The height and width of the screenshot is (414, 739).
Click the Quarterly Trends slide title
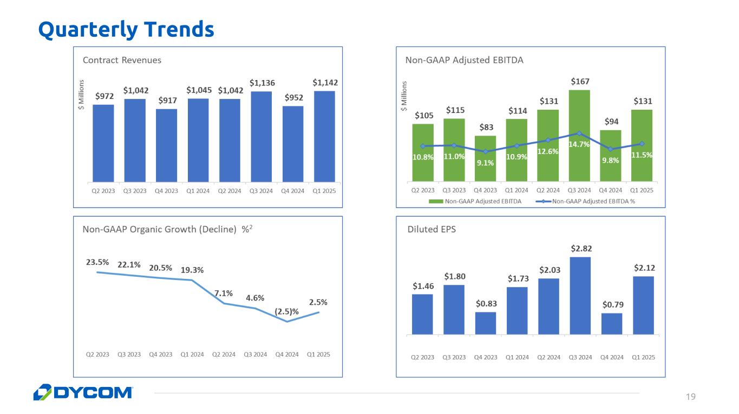pyautogui.click(x=126, y=29)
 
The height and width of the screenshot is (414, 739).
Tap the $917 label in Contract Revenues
pyautogui.click(x=167, y=101)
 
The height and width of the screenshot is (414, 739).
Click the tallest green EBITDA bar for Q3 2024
pyautogui.click(x=579, y=135)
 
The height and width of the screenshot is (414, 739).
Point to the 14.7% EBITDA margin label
pyautogui.click(x=579, y=144)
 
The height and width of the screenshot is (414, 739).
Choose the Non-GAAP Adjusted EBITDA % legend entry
pyautogui.click(x=593, y=202)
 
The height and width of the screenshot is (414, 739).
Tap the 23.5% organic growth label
pyautogui.click(x=97, y=262)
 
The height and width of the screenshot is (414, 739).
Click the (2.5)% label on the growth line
pyautogui.click(x=287, y=311)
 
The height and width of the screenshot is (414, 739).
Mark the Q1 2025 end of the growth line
pyautogui.click(x=319, y=312)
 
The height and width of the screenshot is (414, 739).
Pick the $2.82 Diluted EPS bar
pyautogui.click(x=580, y=295)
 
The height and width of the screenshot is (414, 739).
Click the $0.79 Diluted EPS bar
pyautogui.click(x=611, y=323)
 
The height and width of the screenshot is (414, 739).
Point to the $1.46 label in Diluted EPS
pyautogui.click(x=422, y=285)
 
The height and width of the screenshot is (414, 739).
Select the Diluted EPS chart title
pyautogui.click(x=431, y=229)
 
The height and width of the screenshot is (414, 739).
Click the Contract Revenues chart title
pyautogui.click(x=122, y=60)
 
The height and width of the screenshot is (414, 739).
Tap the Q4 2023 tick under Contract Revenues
pyautogui.click(x=167, y=190)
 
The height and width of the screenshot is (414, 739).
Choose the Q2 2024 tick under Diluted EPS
pyautogui.click(x=548, y=357)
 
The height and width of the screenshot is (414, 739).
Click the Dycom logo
pyautogui.click(x=83, y=392)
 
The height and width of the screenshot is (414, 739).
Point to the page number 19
pyautogui.click(x=690, y=397)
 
